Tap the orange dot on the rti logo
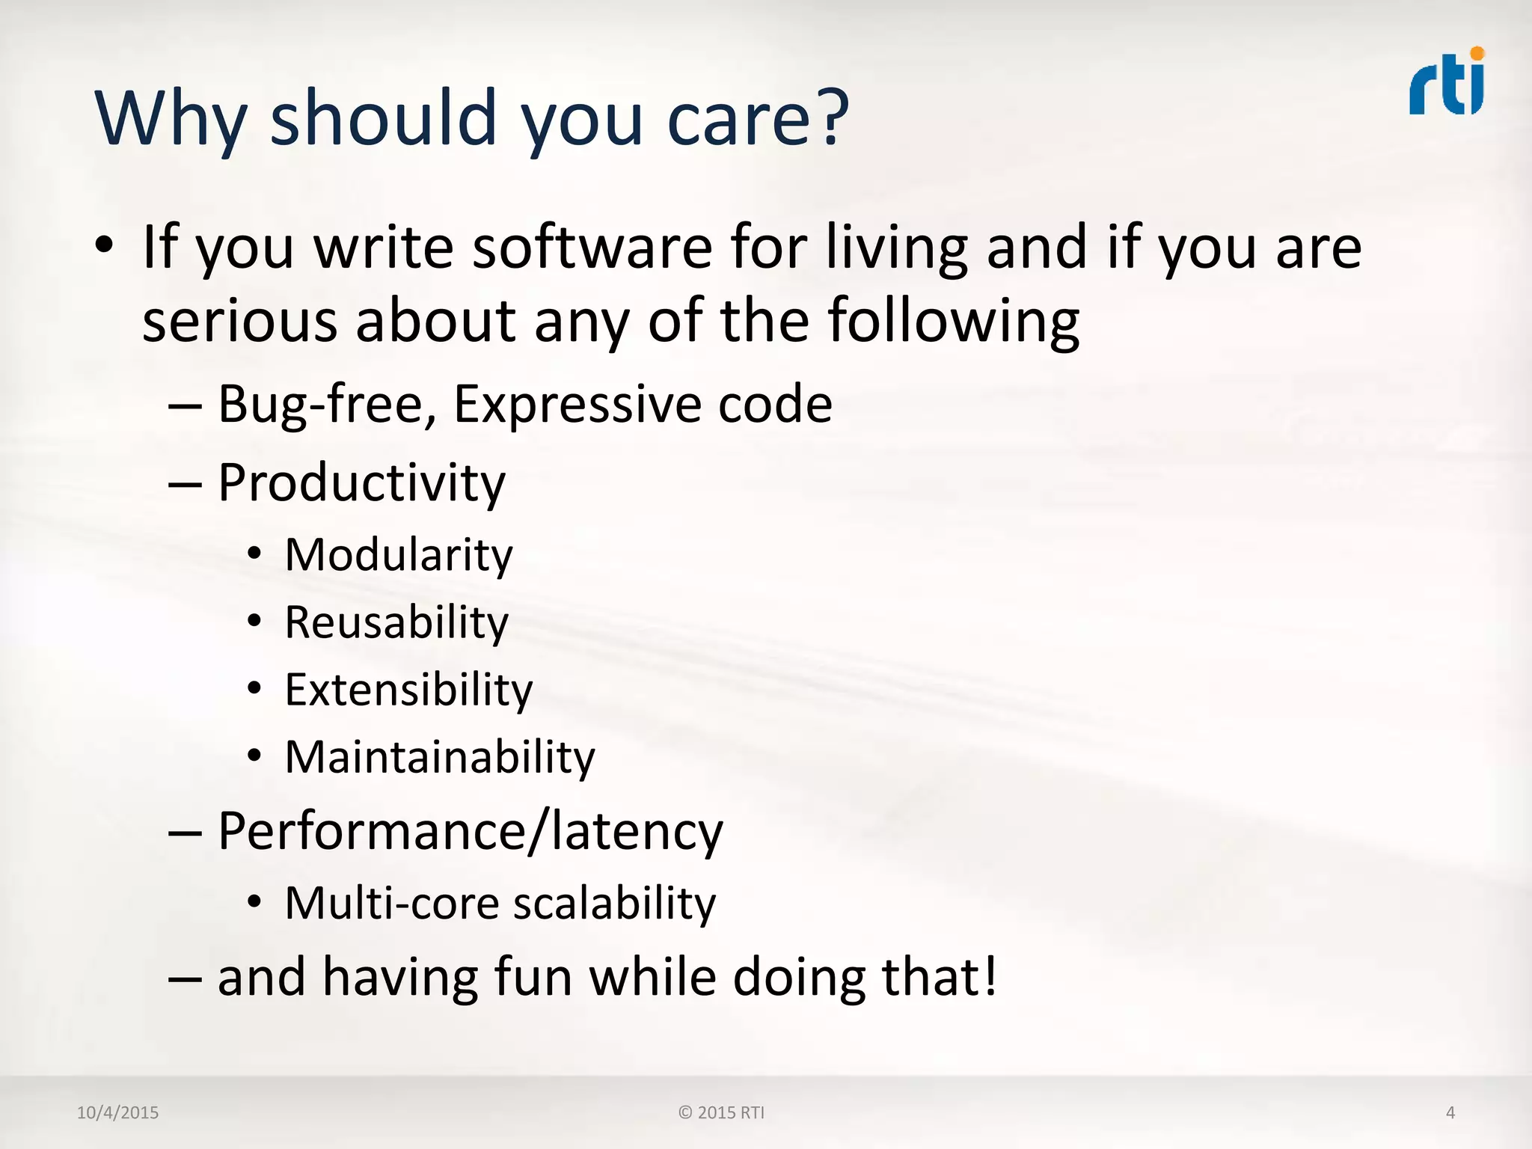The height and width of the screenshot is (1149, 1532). [1477, 53]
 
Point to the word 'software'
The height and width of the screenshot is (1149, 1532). [592, 248]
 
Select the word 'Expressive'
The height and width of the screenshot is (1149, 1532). [577, 404]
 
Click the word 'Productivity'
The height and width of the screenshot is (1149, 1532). [361, 483]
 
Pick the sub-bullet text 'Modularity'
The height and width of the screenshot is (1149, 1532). [399, 556]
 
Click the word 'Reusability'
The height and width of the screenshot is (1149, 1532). [396, 622]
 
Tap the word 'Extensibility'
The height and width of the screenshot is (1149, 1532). [408, 690]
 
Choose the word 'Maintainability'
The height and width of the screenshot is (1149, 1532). [440, 758]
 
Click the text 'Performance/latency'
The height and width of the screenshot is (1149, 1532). [471, 832]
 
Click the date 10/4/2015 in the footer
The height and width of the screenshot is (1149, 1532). [117, 1112]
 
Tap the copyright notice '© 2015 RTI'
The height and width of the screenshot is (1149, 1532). [721, 1112]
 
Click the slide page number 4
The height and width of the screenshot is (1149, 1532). [1450, 1112]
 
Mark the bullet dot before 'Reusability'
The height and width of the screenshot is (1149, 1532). [255, 621]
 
